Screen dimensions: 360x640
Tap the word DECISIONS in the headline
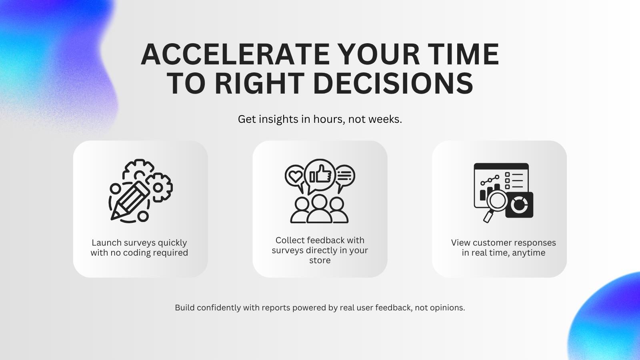(393, 84)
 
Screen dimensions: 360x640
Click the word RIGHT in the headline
(260, 84)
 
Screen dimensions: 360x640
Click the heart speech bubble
(295, 176)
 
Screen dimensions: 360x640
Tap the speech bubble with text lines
(344, 176)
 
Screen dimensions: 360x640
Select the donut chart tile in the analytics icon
(520, 205)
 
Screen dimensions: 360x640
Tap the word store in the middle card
(320, 260)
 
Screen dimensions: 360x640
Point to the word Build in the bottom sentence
(185, 308)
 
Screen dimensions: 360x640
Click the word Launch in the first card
(106, 243)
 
